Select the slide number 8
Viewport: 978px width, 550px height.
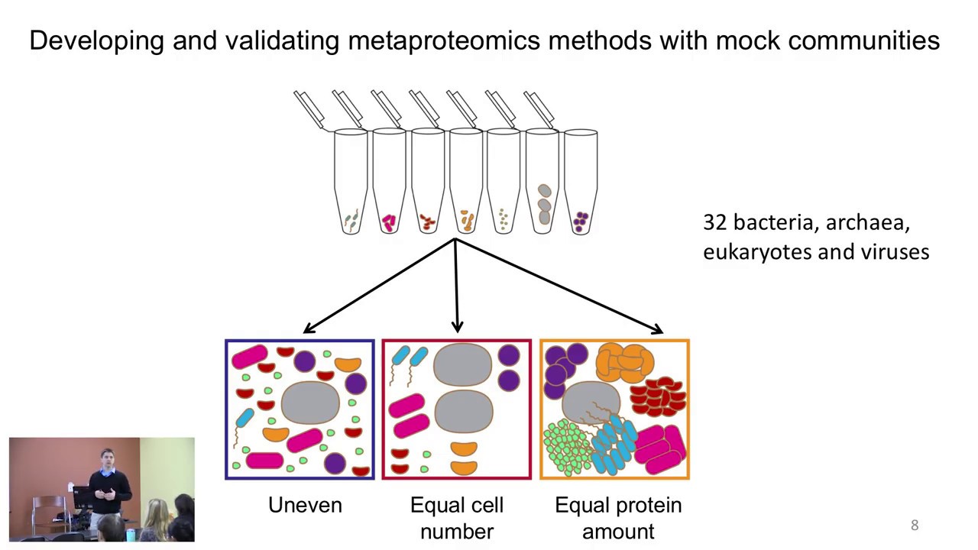pos(915,526)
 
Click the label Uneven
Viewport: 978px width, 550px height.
pos(305,505)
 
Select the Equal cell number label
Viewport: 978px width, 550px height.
pos(457,518)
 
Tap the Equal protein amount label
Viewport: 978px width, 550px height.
pos(618,518)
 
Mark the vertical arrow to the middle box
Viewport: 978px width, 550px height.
pos(456,286)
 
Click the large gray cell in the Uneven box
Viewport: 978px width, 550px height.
pos(310,403)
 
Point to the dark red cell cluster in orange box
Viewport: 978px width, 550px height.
pos(658,396)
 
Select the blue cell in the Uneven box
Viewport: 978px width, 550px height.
pos(244,418)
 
